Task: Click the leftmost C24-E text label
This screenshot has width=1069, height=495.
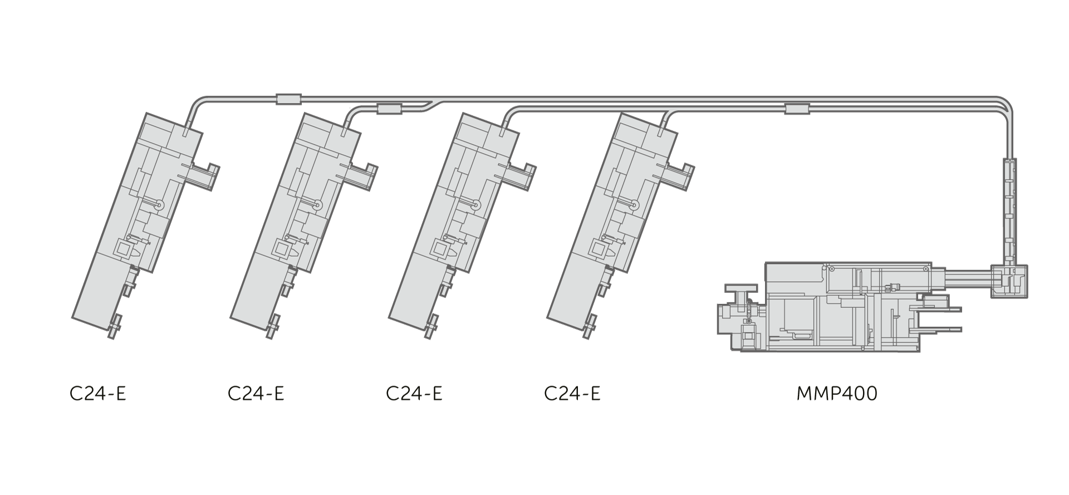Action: pyautogui.click(x=98, y=394)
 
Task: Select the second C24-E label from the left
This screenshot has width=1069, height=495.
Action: pyautogui.click(x=256, y=394)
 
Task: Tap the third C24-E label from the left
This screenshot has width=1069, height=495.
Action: pyautogui.click(x=414, y=394)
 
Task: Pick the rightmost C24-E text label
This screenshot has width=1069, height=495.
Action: pyautogui.click(x=572, y=394)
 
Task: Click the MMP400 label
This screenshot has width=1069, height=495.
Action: pyautogui.click(x=837, y=394)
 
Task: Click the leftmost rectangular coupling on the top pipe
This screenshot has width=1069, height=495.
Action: pyautogui.click(x=288, y=99)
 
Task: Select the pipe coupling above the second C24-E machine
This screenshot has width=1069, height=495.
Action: pyautogui.click(x=389, y=109)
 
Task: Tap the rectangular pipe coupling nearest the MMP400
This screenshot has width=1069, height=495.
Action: pyautogui.click(x=797, y=109)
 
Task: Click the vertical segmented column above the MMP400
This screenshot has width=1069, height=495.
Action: pyautogui.click(x=1009, y=212)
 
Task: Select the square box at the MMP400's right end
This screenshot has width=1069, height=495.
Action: pyautogui.click(x=1009, y=281)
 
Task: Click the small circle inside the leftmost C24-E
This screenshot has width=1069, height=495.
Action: pyautogui.click(x=160, y=205)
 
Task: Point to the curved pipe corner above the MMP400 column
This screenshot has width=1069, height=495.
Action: pyautogui.click(x=1006, y=106)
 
